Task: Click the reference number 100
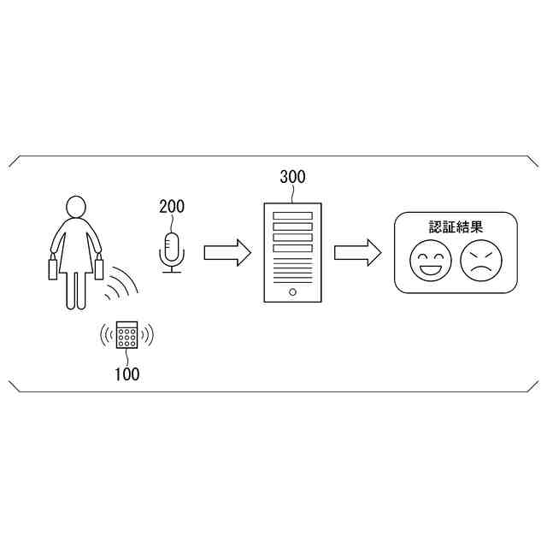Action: [x=126, y=373]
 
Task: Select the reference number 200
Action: [x=171, y=206]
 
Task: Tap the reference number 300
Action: [x=292, y=178]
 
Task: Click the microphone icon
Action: [x=173, y=249]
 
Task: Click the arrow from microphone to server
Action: [x=226, y=252]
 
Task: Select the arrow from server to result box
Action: [x=357, y=252]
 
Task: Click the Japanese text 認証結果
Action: [x=456, y=227]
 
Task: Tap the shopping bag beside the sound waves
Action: [x=99, y=268]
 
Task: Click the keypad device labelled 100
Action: [x=127, y=335]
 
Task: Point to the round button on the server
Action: [x=292, y=291]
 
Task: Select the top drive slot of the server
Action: [x=292, y=215]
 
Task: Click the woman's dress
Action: [x=76, y=248]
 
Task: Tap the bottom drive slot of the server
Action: [x=292, y=248]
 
